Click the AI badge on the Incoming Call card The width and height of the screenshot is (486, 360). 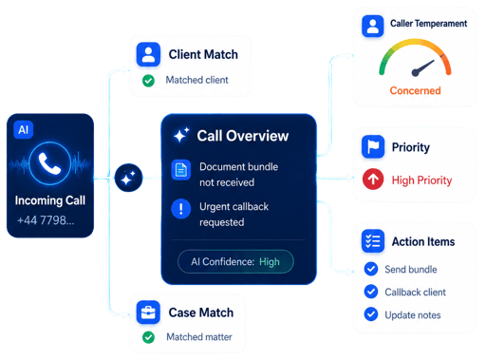coord(24,129)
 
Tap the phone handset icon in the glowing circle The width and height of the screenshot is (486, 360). coord(49,163)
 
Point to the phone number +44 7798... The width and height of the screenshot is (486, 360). coord(46,220)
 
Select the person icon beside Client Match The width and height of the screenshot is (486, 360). coord(148,54)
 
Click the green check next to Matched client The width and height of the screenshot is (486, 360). coord(148,81)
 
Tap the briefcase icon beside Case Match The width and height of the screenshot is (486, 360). coord(148,313)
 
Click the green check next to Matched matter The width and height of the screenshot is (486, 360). coord(148,337)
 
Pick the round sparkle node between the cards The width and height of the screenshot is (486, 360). coord(128,178)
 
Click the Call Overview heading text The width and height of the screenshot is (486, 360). coord(243,136)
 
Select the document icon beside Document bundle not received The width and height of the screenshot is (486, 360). coord(181,170)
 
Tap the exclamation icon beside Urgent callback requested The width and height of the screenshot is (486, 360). coord(181,209)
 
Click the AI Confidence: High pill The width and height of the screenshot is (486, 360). coord(235,261)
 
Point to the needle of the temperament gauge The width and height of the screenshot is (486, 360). coord(422,68)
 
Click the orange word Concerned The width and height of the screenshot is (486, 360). coord(415,90)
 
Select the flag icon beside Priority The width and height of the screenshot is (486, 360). coord(373,146)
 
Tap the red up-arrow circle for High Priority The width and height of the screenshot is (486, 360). coord(373,180)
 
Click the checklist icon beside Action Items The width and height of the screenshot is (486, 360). coord(373,241)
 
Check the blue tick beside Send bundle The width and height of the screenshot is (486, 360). coord(371,269)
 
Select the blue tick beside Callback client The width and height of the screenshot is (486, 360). coord(371,292)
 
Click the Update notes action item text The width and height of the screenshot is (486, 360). coord(413,315)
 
